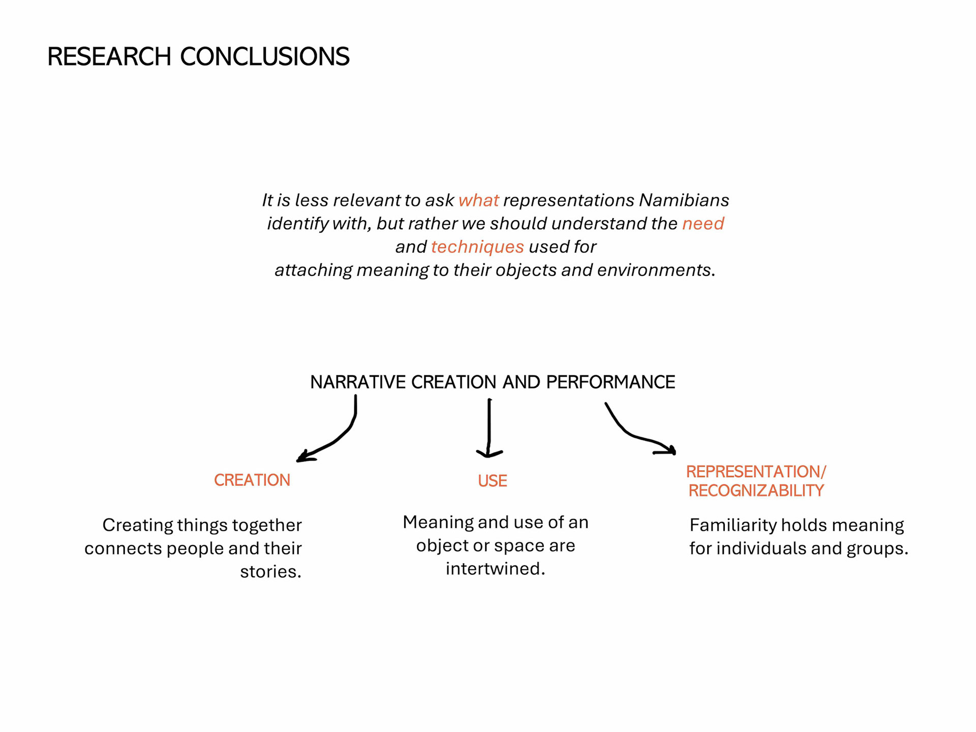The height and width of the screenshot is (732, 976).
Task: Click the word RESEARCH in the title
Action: (x=109, y=56)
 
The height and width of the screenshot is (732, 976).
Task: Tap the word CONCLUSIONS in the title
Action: (x=264, y=56)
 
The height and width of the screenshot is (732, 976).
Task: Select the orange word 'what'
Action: (x=478, y=200)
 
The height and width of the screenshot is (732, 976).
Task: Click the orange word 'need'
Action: (x=703, y=224)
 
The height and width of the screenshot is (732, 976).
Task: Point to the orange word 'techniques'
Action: (x=477, y=247)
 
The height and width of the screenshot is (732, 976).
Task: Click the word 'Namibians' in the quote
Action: (x=684, y=200)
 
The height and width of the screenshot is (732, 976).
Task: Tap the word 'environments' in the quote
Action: (x=656, y=270)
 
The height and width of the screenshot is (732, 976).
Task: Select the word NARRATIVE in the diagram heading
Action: (x=358, y=382)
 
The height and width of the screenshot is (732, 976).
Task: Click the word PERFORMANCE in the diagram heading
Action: (x=610, y=382)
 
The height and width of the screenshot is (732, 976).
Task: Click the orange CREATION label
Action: (x=252, y=480)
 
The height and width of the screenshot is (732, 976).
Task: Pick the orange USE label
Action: (x=492, y=481)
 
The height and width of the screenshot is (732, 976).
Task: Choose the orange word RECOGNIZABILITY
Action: (x=756, y=491)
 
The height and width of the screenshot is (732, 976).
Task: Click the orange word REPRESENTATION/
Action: (x=756, y=472)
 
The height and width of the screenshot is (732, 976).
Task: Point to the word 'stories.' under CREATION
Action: (x=270, y=572)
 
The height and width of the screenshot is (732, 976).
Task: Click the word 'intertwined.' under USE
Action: (x=495, y=569)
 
